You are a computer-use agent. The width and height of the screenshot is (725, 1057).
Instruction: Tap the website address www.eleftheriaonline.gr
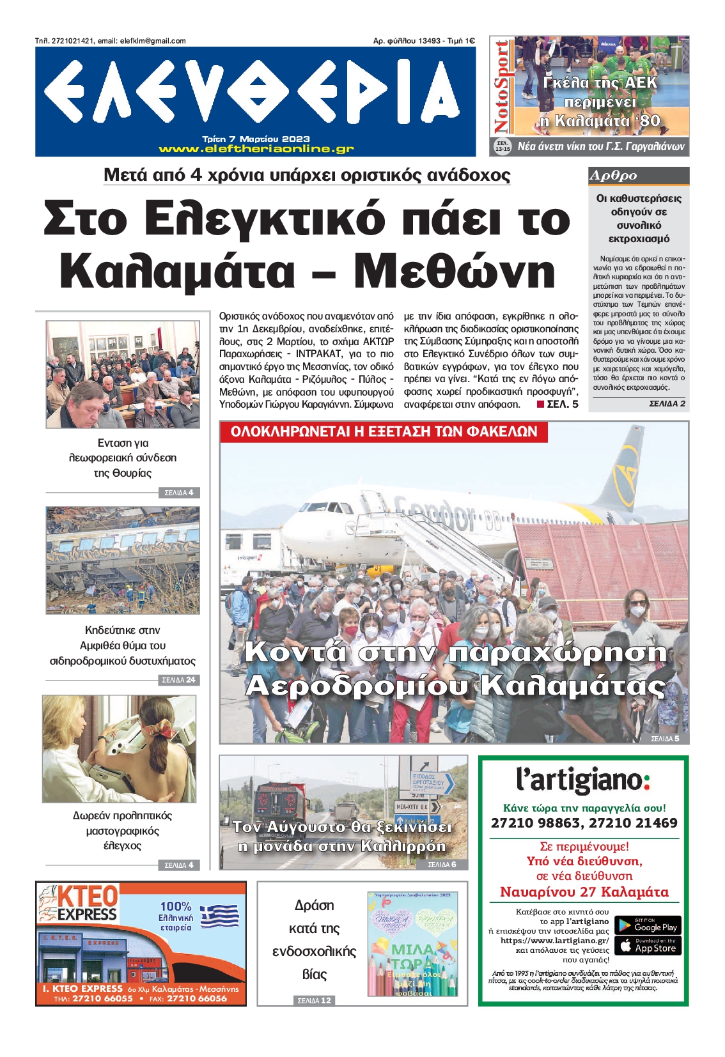point(256,149)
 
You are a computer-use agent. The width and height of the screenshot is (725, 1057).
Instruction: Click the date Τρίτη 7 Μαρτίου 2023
point(256,139)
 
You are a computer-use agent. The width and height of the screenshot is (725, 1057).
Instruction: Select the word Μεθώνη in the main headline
point(455,271)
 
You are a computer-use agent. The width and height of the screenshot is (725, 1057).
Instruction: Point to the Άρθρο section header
point(614,176)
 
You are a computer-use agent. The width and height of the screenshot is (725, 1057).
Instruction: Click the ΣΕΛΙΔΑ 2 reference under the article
point(667,404)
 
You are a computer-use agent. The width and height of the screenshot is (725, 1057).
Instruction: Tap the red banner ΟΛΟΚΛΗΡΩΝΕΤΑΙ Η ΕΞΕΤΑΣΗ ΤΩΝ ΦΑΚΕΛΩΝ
point(384,432)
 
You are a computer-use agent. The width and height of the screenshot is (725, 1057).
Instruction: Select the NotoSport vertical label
point(501,86)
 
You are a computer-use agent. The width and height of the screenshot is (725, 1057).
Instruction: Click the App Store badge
point(648,946)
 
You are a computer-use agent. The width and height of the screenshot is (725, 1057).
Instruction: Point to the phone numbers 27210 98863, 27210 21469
point(584,823)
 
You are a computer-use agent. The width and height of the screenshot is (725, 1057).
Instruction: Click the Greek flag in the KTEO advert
point(219,916)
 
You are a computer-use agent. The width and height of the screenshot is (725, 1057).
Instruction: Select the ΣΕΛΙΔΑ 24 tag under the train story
point(179,680)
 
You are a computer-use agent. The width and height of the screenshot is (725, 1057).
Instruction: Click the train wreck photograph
point(123,560)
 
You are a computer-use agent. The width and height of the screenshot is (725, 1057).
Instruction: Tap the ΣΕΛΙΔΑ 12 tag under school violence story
point(314,1000)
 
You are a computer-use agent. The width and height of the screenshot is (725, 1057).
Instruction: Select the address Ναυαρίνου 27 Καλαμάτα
point(584,892)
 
